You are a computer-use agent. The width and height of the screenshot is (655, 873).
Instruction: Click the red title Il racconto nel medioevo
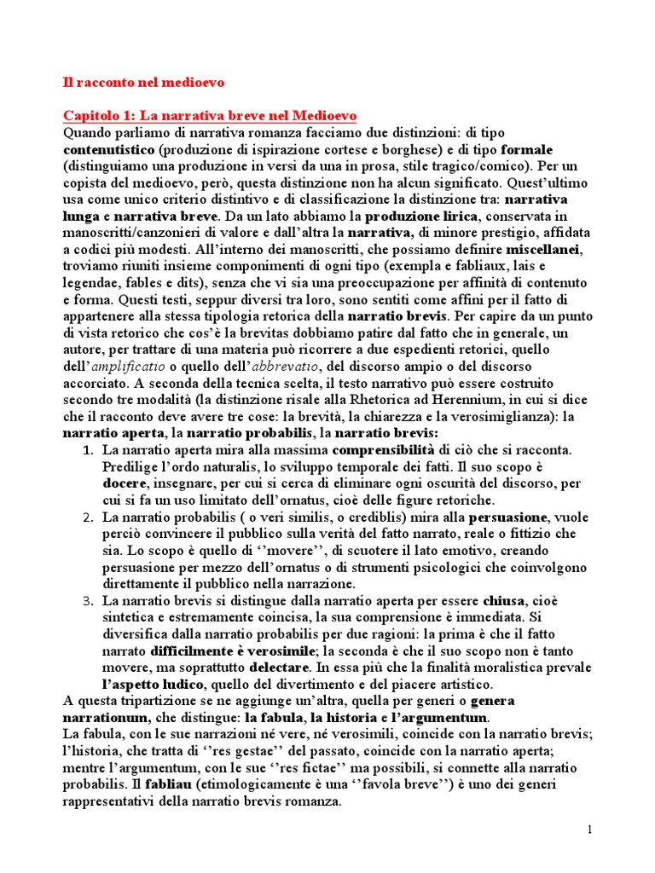click(x=143, y=83)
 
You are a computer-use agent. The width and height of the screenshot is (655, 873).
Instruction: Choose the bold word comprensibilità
click(x=384, y=449)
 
